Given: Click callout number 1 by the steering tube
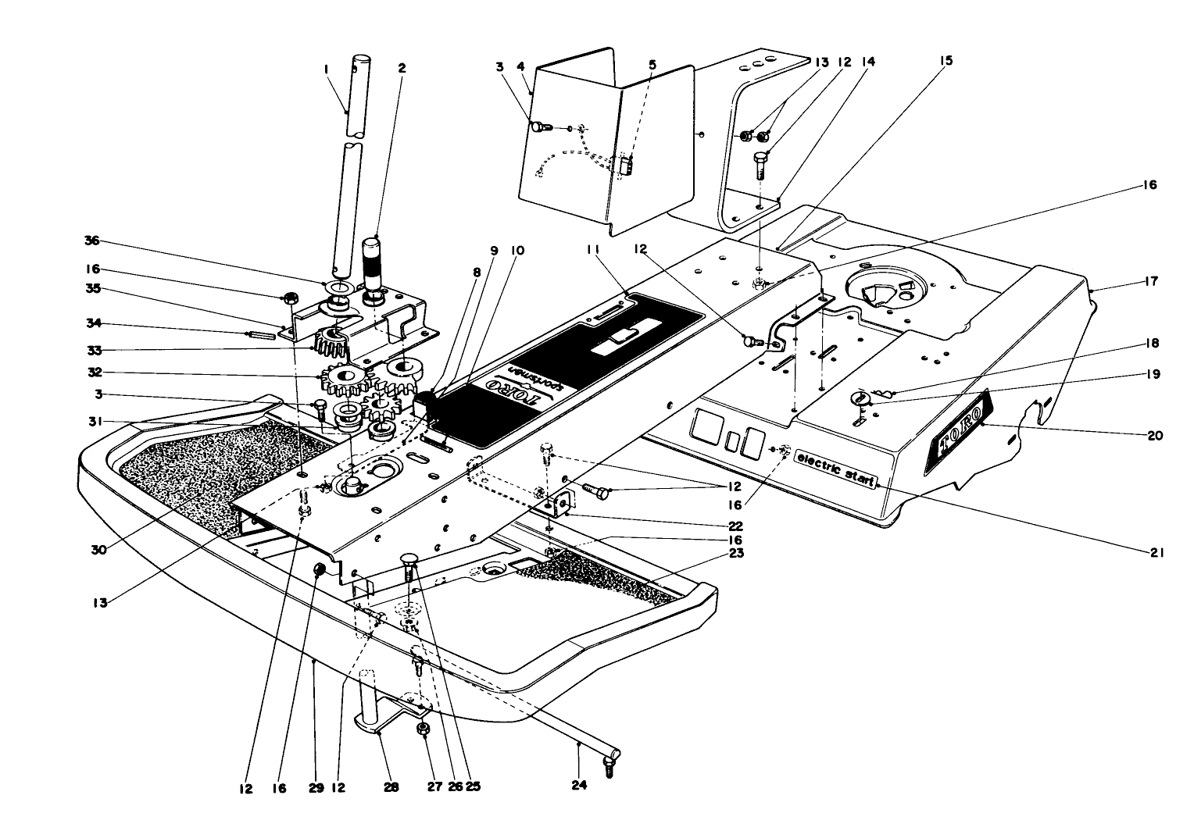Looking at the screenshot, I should coord(326,69).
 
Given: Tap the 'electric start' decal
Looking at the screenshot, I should coord(835,469).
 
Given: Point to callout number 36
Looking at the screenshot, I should coord(92,241).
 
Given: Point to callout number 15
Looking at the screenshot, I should coord(947,60).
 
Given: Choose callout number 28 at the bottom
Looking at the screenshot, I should coord(391,788).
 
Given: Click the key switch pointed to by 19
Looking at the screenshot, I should coord(858,399).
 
